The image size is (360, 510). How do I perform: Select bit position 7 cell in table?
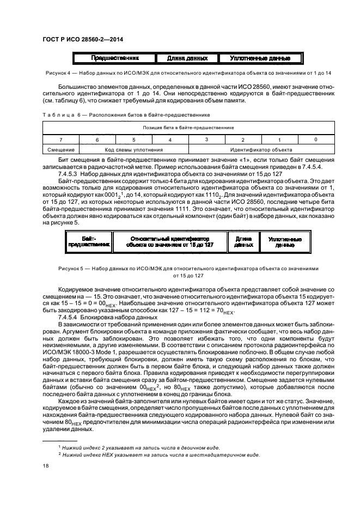(x=61, y=139)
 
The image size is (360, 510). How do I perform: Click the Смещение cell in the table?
(x=61, y=149)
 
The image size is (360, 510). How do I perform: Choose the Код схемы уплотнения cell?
(x=134, y=149)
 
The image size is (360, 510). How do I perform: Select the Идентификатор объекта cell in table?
(x=261, y=149)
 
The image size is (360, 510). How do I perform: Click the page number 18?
(x=45, y=466)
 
